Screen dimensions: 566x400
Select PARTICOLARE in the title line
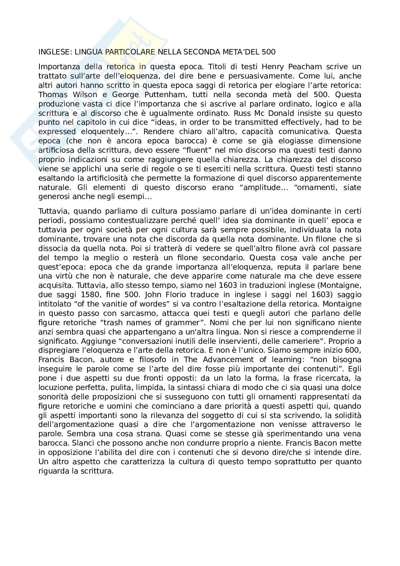tap(130, 52)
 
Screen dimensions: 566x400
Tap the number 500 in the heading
tap(268, 52)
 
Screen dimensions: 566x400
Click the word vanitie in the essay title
tap(112, 304)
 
